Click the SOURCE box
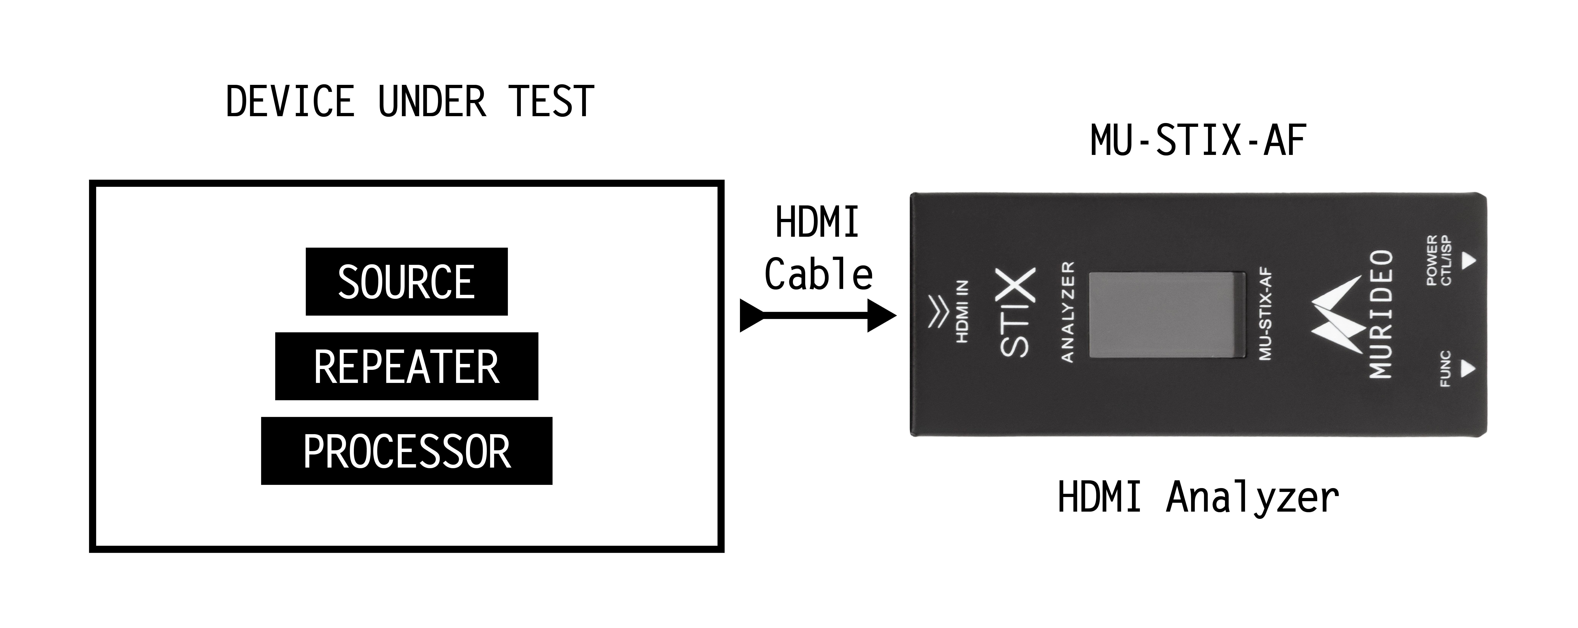click(x=406, y=282)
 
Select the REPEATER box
click(x=406, y=366)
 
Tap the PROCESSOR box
click(x=406, y=451)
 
